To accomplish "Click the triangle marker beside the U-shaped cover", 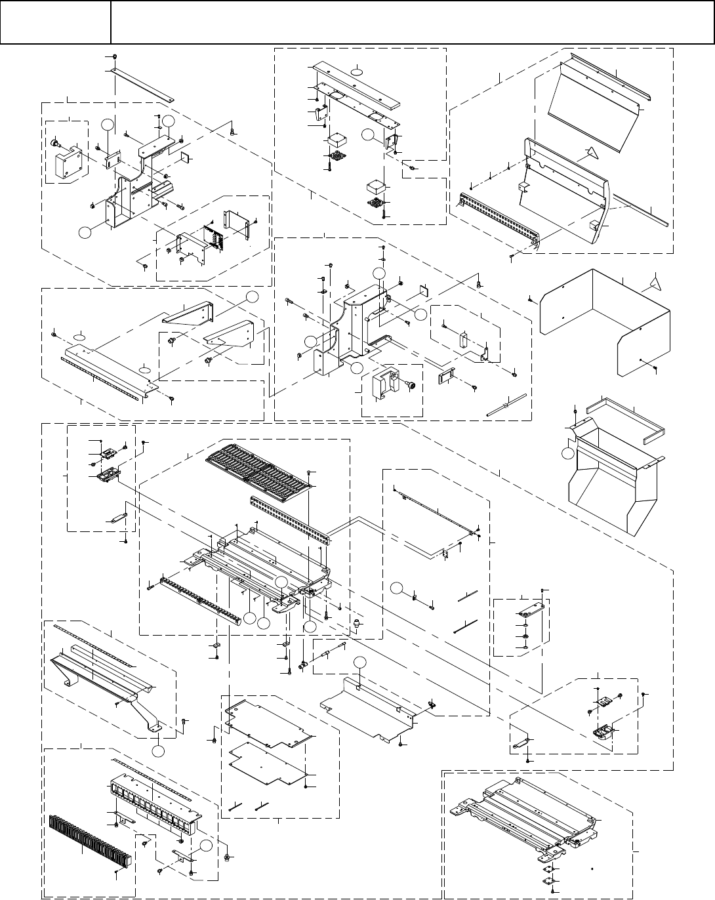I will [x=654, y=283].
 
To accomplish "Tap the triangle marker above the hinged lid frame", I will [x=592, y=153].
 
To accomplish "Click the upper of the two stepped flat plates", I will [x=269, y=722].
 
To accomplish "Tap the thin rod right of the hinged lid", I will [x=643, y=210].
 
